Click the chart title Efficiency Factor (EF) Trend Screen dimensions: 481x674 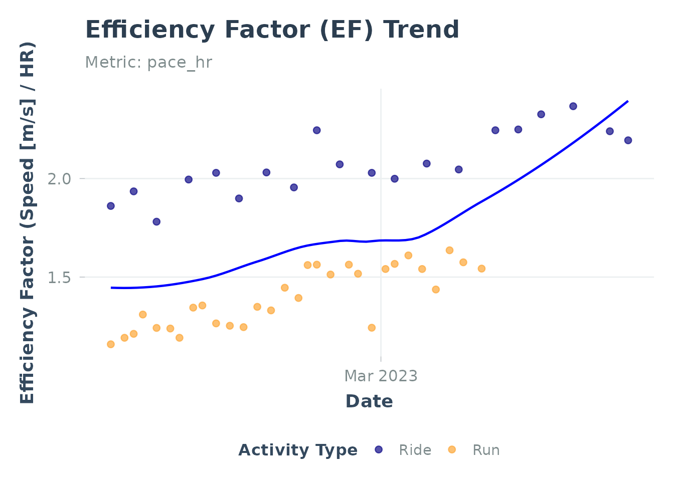272,30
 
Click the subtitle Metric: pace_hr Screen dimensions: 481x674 148,63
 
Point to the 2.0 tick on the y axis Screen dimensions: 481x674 59,179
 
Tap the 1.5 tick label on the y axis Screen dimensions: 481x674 59,277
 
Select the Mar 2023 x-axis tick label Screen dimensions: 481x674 381,376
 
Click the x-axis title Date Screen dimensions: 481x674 369,401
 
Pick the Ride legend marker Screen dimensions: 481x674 379,450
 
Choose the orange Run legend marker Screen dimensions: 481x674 452,450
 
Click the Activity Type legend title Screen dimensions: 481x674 298,450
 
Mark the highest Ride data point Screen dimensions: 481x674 573,106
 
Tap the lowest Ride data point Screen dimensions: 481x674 156,221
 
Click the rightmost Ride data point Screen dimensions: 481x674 628,140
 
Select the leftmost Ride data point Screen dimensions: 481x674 111,206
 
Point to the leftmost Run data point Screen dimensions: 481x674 111,344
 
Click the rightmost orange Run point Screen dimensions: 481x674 481,269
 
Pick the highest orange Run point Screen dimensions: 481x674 449,251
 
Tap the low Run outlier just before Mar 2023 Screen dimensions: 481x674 372,328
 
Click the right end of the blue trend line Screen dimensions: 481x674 627,102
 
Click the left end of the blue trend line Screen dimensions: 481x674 112,288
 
